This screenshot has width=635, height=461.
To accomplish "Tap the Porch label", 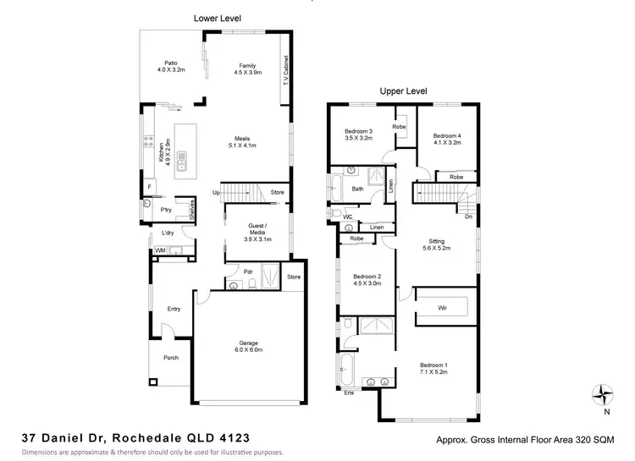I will coord(171,358).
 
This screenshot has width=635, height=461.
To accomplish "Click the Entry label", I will coord(174,309).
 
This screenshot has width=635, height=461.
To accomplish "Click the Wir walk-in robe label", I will coord(442,308).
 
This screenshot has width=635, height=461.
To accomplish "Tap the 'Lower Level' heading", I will coord(218,16).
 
